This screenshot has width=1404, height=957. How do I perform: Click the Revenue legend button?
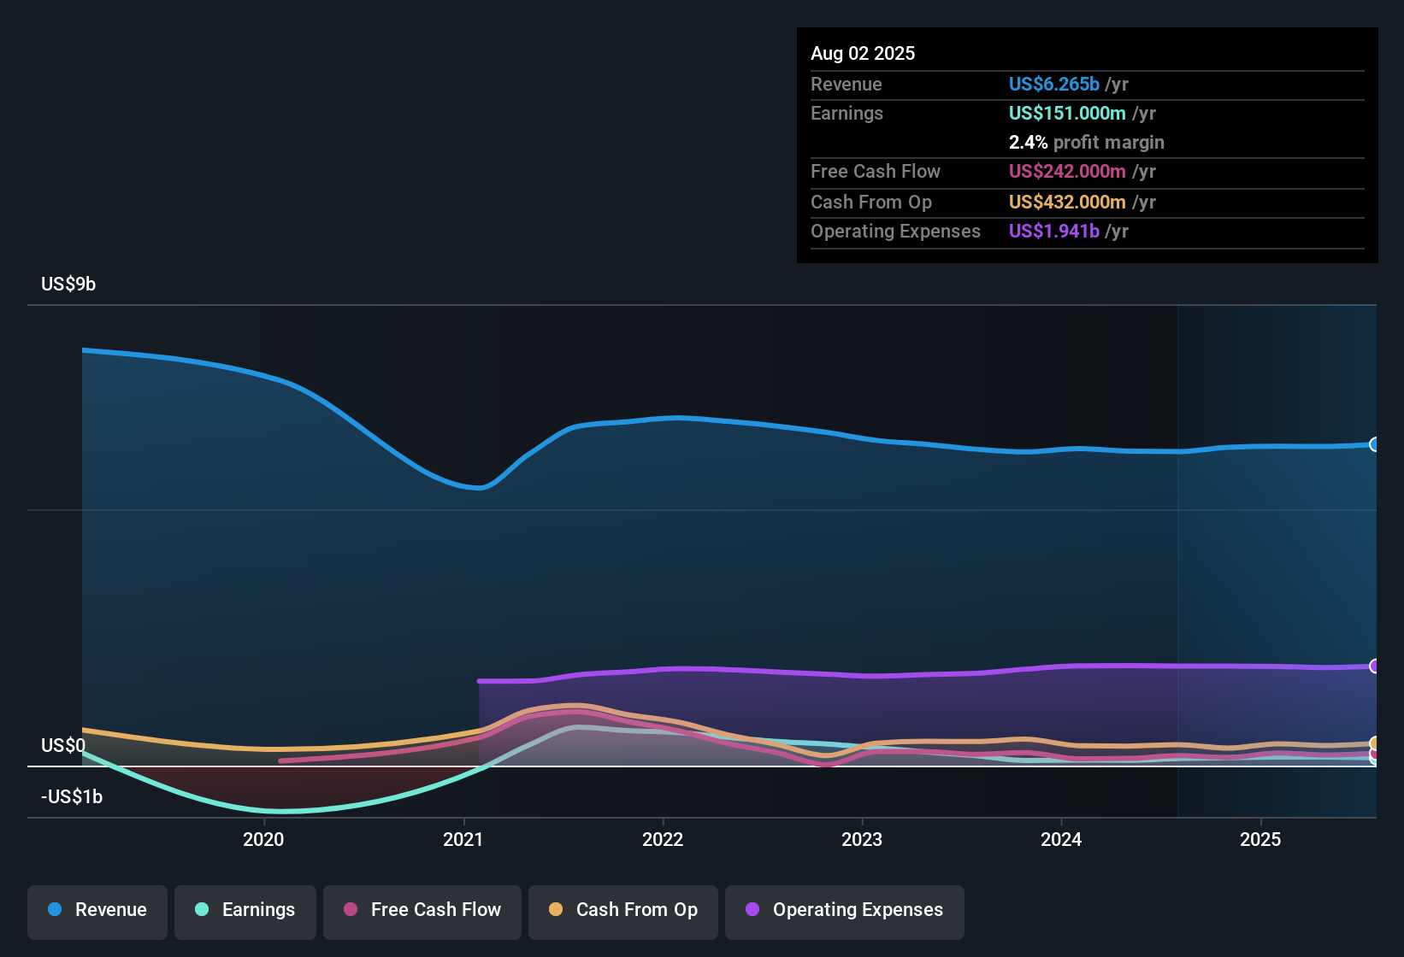(x=97, y=910)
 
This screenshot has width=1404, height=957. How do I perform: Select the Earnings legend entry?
(x=245, y=910)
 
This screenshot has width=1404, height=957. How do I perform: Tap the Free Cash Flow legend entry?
(x=422, y=910)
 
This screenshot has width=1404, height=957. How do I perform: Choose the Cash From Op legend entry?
(x=623, y=910)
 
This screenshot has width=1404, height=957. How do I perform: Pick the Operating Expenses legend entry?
(x=845, y=910)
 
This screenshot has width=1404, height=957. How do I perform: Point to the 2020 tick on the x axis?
(x=263, y=839)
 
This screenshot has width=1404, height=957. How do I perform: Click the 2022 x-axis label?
(x=663, y=839)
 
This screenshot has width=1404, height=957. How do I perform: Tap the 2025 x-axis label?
(x=1260, y=839)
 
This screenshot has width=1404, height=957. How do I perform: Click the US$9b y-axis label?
(x=68, y=284)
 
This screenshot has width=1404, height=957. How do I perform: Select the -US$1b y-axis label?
(x=72, y=796)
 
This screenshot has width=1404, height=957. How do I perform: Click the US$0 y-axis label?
(x=63, y=745)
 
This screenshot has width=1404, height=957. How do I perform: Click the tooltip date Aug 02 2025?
(x=863, y=53)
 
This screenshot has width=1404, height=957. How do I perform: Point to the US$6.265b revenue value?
(x=1053, y=84)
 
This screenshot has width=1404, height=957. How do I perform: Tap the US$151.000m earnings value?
(x=1066, y=113)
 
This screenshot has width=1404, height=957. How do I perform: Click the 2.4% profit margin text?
(x=1086, y=142)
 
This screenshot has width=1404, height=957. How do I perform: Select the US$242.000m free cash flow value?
(x=1066, y=171)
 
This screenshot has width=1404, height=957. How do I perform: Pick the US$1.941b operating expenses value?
(x=1053, y=231)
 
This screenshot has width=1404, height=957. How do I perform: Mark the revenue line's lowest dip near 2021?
(x=481, y=488)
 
